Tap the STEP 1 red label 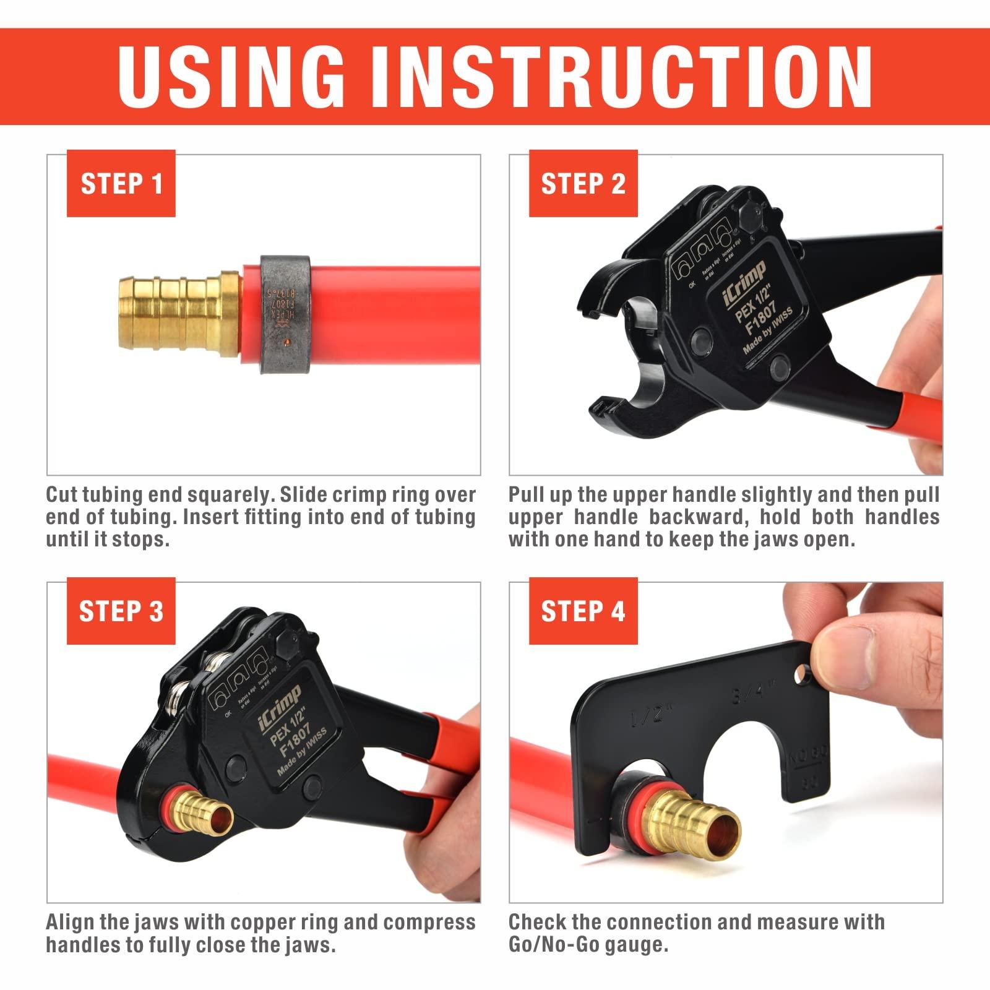coord(121,184)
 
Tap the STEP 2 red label coord(583,184)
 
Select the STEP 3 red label coord(121,611)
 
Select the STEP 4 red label coord(583,611)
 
